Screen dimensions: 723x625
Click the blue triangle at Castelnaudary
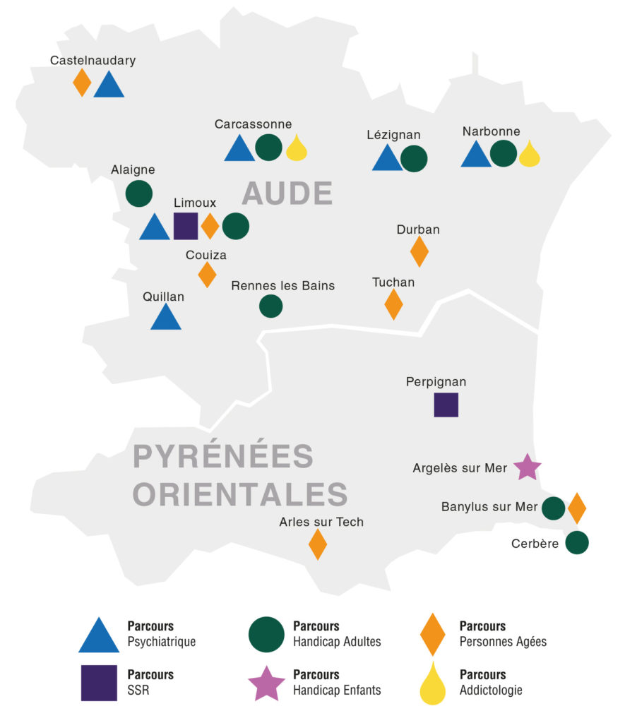[x=109, y=85]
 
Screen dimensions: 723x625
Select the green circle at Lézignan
[x=414, y=158]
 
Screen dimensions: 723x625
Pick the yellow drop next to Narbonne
[x=529, y=154]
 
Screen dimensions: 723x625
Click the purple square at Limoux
[x=185, y=226]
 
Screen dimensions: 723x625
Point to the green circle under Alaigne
[x=139, y=193]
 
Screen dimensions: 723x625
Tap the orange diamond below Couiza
[x=207, y=274]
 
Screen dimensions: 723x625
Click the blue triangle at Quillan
[x=166, y=318]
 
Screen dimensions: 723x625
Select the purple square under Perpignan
[x=446, y=405]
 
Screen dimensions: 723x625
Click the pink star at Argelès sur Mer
[x=527, y=467]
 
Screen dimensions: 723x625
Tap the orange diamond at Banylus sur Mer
[x=577, y=508]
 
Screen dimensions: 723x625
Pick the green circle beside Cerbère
[x=577, y=542]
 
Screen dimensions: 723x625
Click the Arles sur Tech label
[x=321, y=522]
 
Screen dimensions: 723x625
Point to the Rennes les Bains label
[x=283, y=285]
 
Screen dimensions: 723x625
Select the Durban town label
[x=418, y=229]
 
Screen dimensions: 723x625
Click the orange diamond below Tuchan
[x=393, y=304]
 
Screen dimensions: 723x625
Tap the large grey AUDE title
[x=287, y=193]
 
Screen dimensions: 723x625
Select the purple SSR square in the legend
[x=99, y=683]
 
